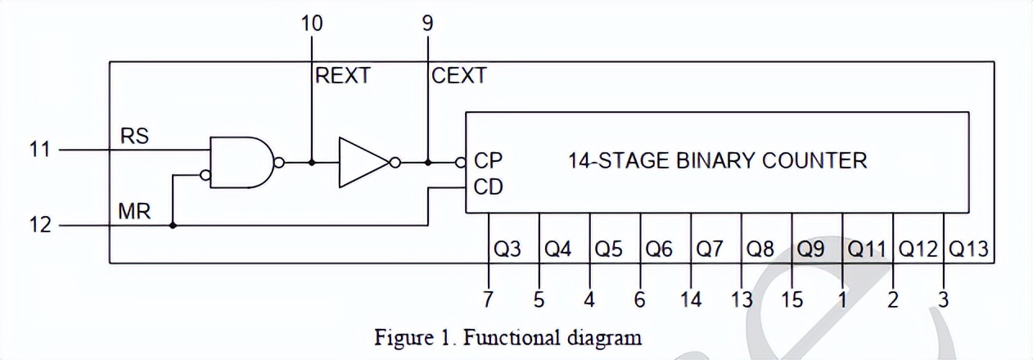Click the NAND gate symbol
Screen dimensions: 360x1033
coord(241,162)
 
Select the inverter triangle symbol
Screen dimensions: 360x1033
coord(363,162)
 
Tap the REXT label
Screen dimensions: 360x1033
coord(343,76)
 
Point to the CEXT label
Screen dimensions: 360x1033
coord(458,76)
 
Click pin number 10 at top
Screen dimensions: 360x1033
coord(312,23)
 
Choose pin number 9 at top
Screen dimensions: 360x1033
coord(427,23)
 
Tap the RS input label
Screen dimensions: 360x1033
coord(134,137)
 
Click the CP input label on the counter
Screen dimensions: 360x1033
coord(488,160)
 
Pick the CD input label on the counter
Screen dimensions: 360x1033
coord(488,187)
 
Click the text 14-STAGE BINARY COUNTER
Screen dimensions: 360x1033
coord(717,160)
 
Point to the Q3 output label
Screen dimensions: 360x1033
coord(507,249)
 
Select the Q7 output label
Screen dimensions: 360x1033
coord(710,249)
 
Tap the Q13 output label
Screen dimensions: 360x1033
coord(968,249)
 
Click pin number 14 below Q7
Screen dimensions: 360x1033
coord(691,300)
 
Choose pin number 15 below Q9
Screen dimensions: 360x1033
coord(792,300)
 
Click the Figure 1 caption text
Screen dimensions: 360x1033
coord(507,336)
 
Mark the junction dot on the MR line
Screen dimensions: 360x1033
coord(173,224)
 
